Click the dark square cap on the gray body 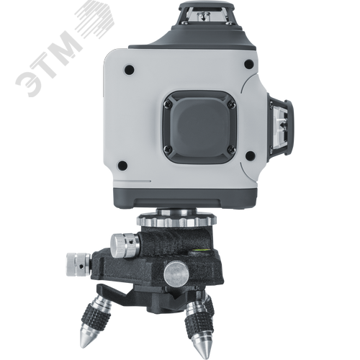pyautogui.click(x=199, y=127)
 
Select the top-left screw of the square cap pyautogui.click(x=167, y=104)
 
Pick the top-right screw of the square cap pyautogui.click(x=232, y=104)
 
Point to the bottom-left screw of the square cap pyautogui.click(x=167, y=149)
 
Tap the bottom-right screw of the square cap pyautogui.click(x=232, y=149)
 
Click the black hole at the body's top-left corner pyautogui.click(x=129, y=69)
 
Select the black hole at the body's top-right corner pyautogui.click(x=248, y=64)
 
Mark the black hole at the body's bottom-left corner pyautogui.click(x=122, y=165)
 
